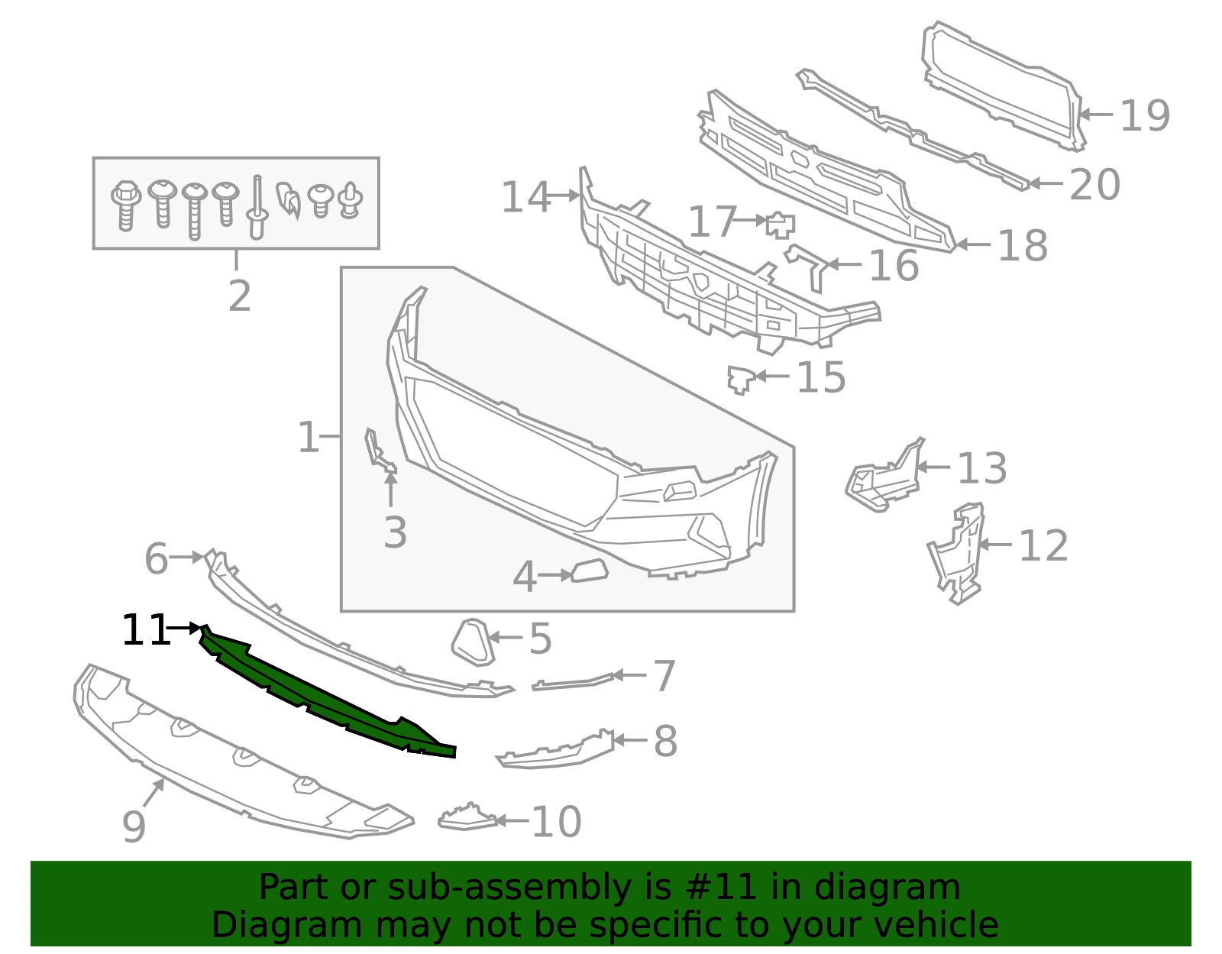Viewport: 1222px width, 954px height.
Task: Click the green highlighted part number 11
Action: click(326, 690)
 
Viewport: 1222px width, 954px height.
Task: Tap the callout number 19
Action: click(1145, 116)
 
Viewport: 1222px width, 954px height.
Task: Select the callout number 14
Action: click(525, 197)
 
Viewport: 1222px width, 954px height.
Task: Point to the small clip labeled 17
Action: click(781, 225)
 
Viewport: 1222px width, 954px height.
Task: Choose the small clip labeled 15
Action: click(741, 380)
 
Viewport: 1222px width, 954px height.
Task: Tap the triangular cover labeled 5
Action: click(473, 642)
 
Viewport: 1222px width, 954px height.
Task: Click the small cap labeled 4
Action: click(590, 571)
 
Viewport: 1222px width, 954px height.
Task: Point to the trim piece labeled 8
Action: click(554, 751)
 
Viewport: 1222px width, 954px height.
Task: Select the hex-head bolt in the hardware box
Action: click(126, 205)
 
